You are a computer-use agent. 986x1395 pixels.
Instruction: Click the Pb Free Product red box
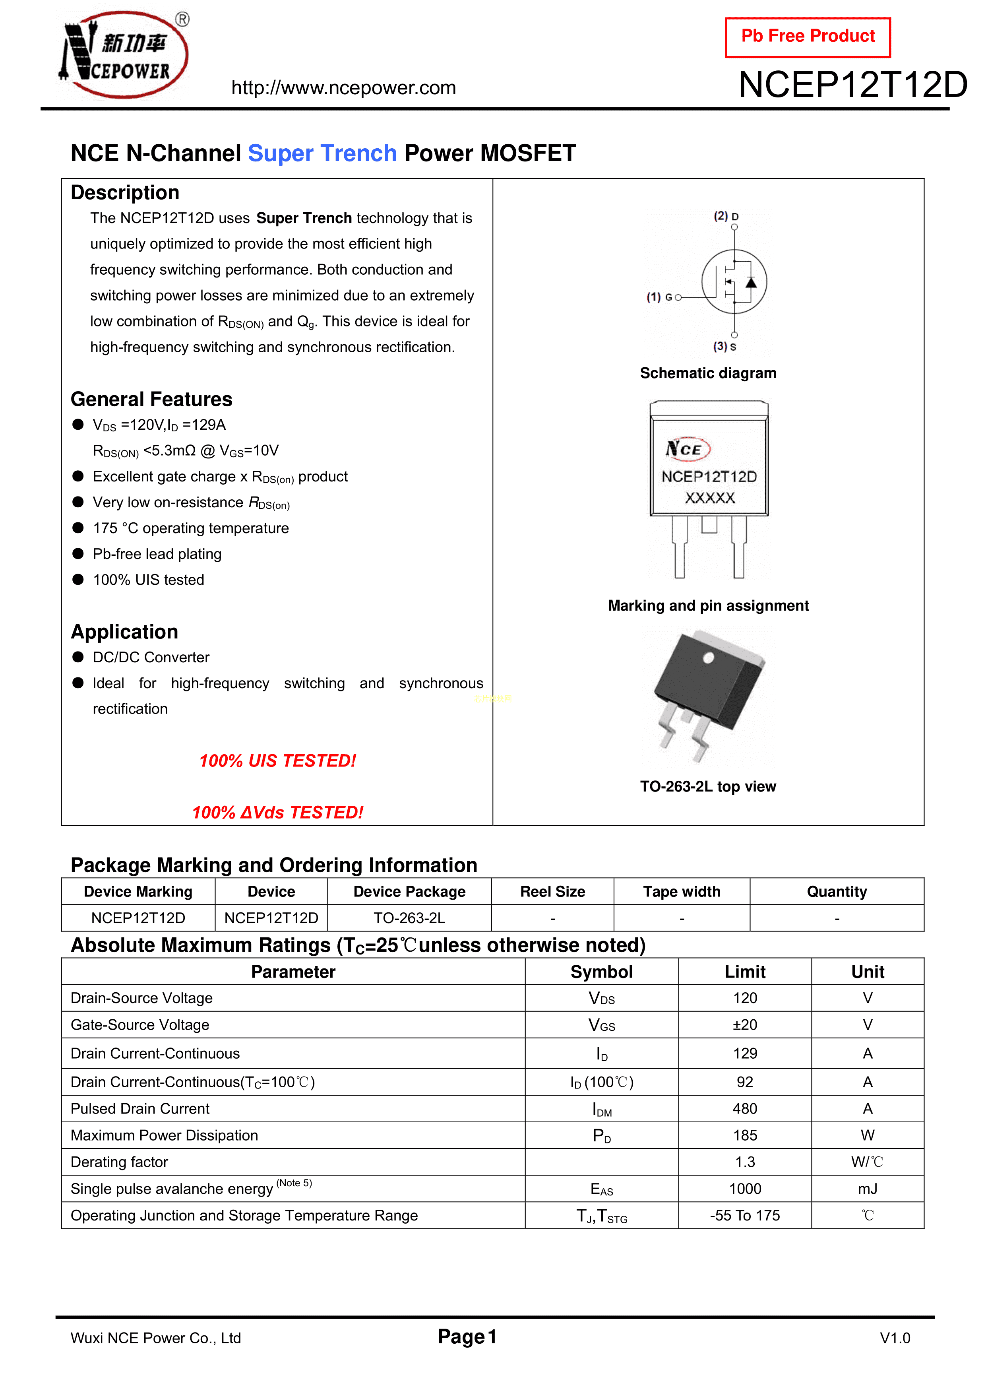click(808, 37)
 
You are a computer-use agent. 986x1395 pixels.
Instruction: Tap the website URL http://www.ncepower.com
click(343, 88)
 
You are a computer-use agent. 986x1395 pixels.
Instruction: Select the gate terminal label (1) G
click(660, 297)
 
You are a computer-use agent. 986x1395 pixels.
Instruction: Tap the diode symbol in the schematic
click(752, 283)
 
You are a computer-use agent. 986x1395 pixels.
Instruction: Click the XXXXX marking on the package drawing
click(709, 498)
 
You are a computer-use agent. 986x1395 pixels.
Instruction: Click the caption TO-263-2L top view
click(708, 787)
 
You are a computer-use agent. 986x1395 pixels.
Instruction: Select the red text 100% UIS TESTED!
click(278, 761)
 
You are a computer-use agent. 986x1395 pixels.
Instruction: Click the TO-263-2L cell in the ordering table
click(409, 918)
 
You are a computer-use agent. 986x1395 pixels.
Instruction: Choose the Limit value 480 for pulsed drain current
click(745, 1109)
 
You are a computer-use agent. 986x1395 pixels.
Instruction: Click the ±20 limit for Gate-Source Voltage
click(745, 1025)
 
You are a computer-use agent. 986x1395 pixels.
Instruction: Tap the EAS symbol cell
click(601, 1189)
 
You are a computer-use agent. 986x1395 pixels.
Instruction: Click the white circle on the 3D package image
click(708, 658)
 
